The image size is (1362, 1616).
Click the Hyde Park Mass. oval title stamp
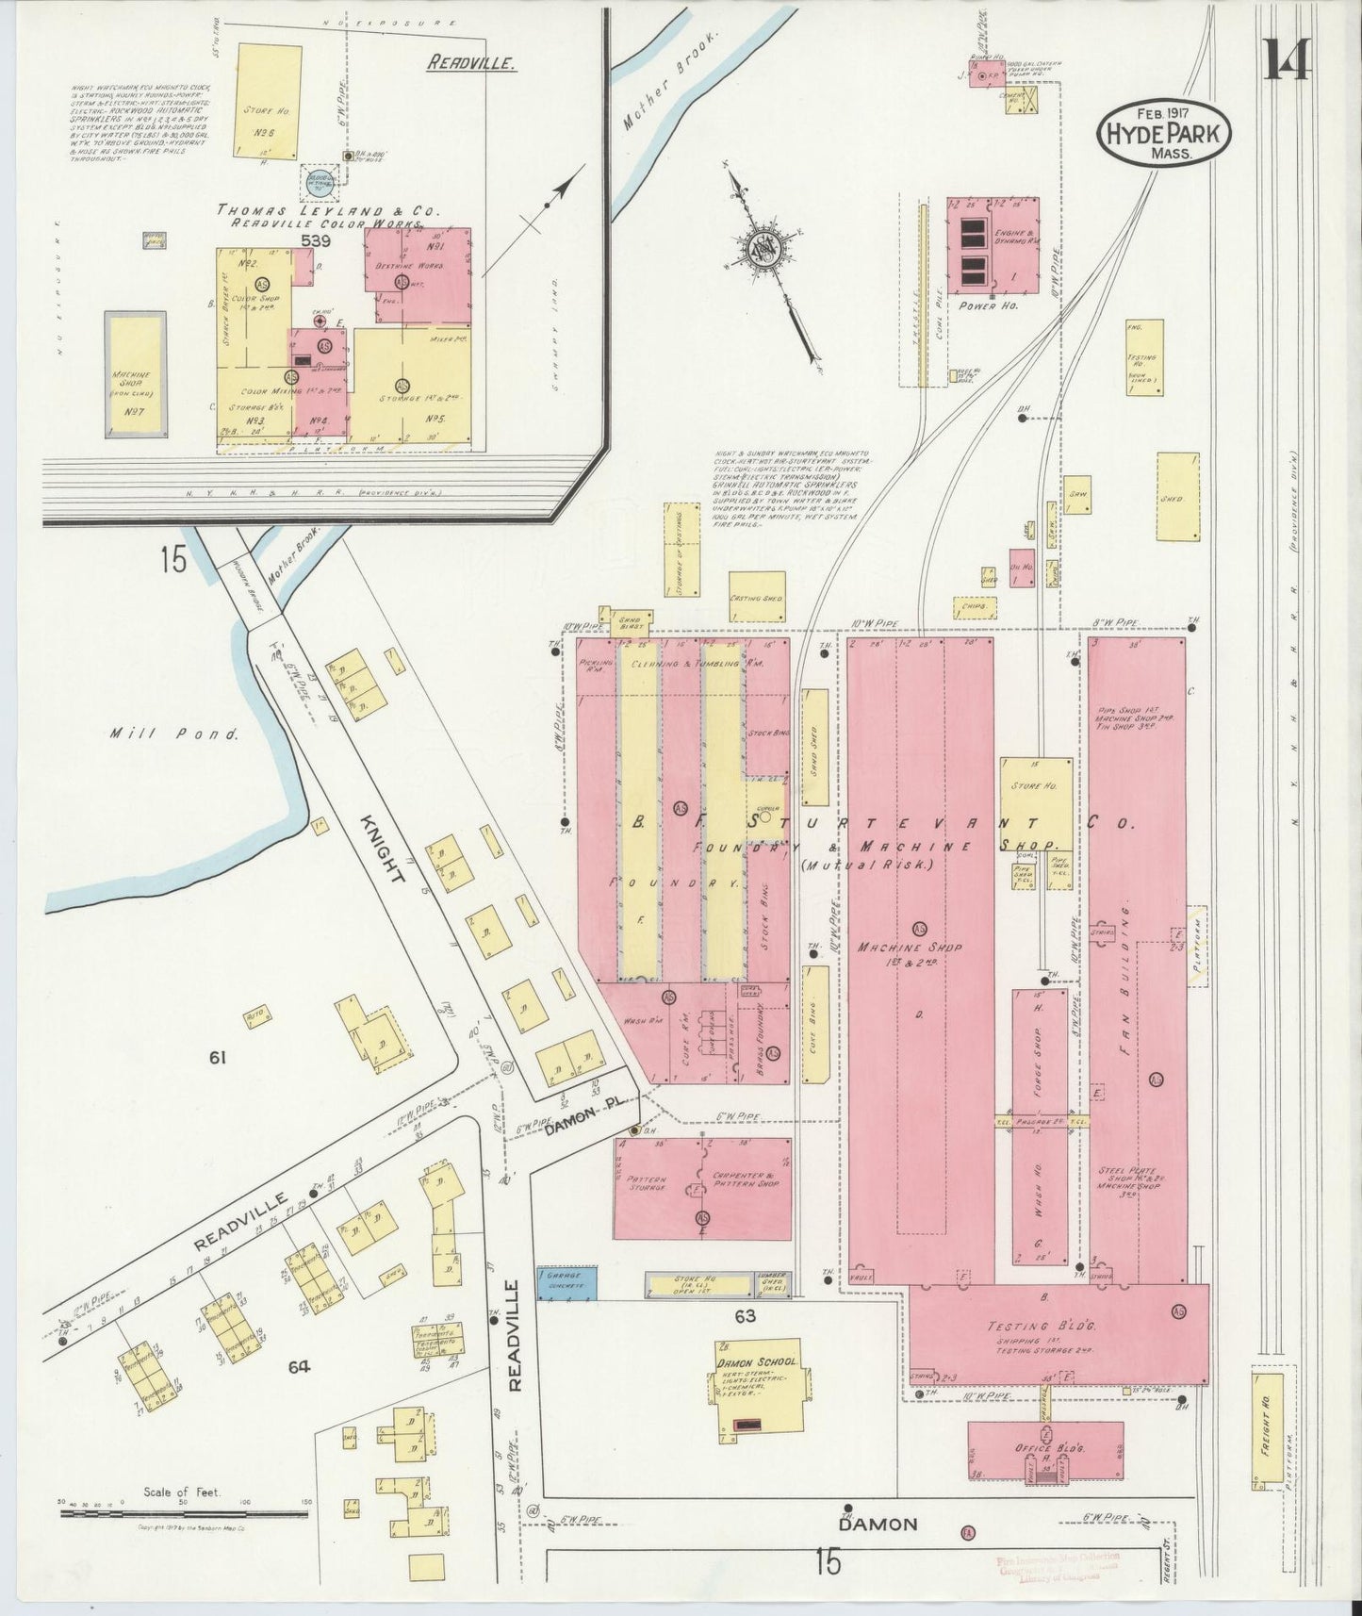[x=1164, y=135]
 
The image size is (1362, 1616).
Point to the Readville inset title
[x=471, y=64]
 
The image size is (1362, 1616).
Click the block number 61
[x=218, y=1058]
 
